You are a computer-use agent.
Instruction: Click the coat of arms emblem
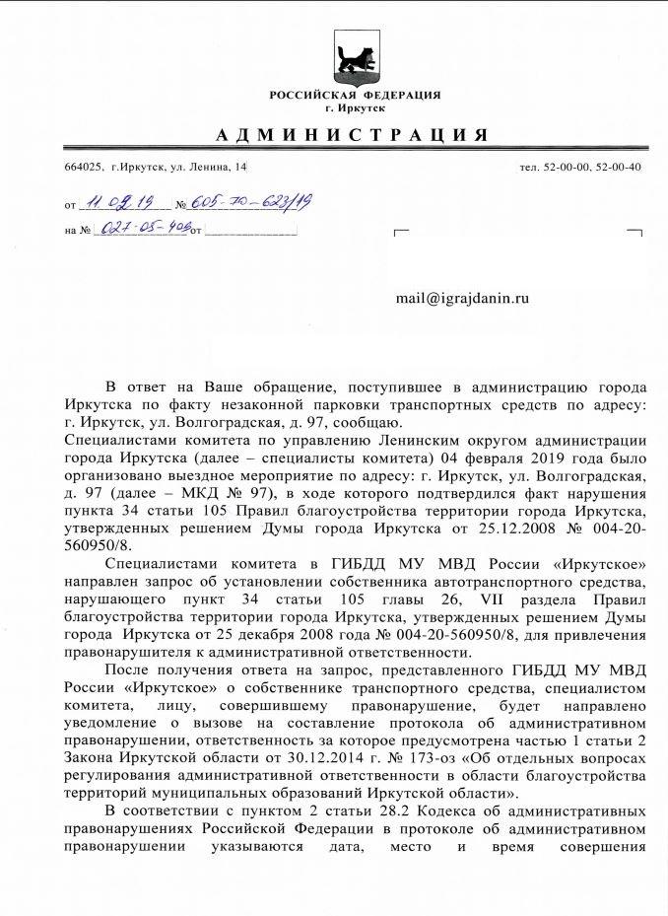(355, 54)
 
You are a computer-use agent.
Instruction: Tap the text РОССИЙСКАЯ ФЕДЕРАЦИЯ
(355, 95)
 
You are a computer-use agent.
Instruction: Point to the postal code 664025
(82, 167)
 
